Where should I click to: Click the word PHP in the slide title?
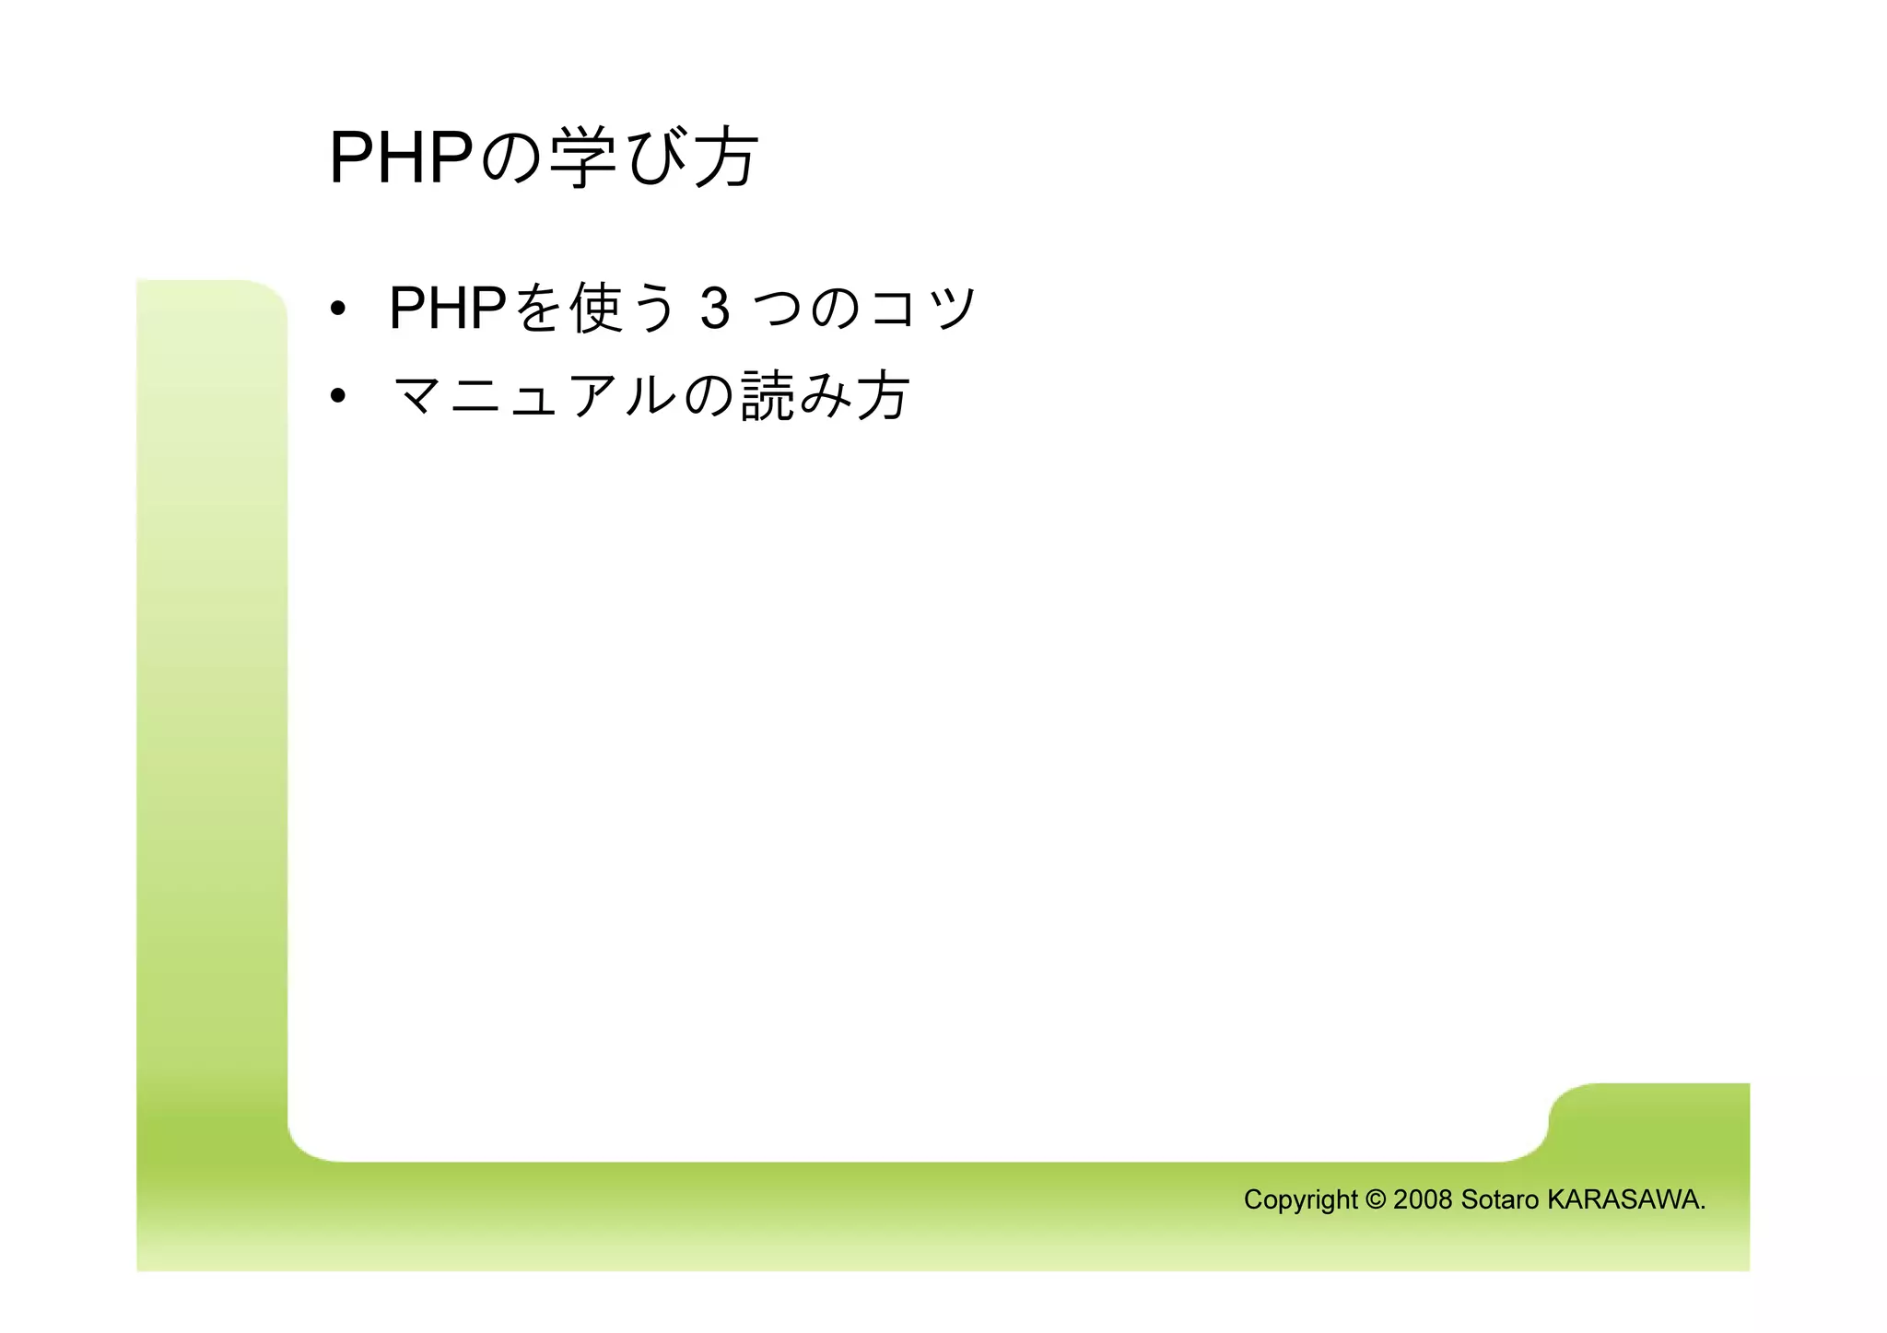click(x=401, y=158)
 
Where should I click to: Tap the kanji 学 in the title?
click(x=584, y=158)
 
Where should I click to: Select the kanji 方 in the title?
click(x=725, y=158)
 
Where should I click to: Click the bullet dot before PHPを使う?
click(x=338, y=309)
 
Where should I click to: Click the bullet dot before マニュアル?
click(x=338, y=396)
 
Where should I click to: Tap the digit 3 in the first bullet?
click(x=715, y=309)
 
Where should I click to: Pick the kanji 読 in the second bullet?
click(x=768, y=396)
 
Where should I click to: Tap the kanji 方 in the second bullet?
click(x=883, y=396)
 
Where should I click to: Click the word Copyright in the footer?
click(x=1300, y=1199)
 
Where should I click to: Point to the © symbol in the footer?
click(x=1376, y=1199)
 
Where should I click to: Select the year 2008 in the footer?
click(x=1423, y=1199)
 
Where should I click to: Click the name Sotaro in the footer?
click(x=1499, y=1199)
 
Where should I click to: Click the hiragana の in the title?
click(x=512, y=158)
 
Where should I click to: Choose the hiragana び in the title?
click(x=656, y=158)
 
